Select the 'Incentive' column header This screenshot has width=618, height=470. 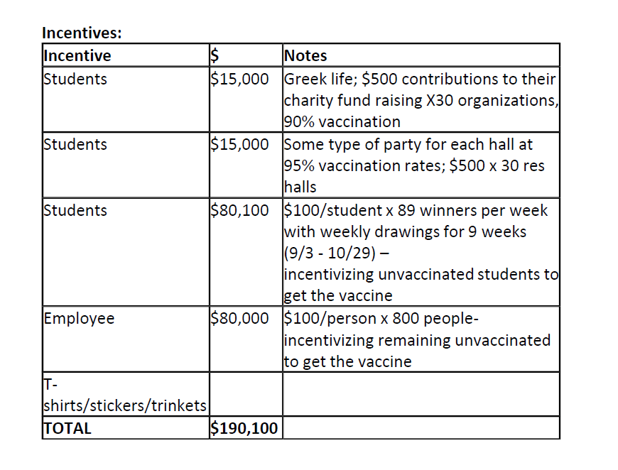point(77,55)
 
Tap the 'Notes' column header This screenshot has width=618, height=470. point(305,55)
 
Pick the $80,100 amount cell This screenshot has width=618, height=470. point(239,211)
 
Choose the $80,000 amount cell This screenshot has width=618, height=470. point(239,319)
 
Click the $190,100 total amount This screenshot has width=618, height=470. point(244,428)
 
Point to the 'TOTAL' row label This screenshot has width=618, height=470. point(68,428)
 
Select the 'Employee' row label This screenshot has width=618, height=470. point(79,319)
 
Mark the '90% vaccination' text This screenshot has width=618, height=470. point(342,121)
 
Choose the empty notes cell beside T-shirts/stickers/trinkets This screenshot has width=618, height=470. point(421,395)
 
